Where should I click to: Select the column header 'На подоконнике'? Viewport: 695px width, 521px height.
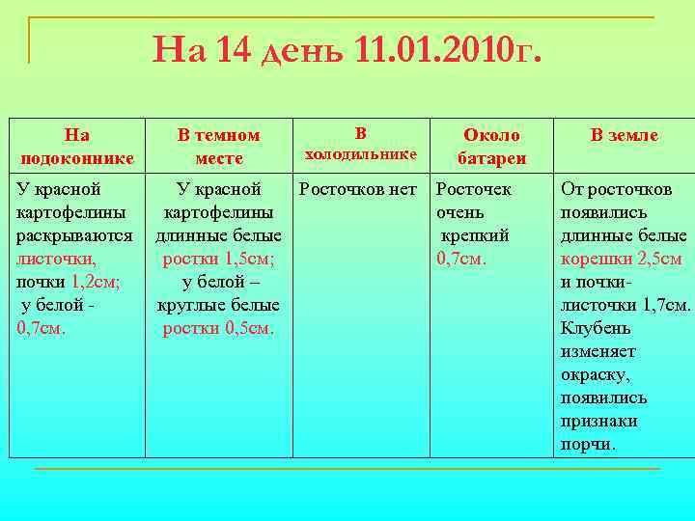tap(76, 147)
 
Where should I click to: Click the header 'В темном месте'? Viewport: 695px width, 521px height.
tap(218, 147)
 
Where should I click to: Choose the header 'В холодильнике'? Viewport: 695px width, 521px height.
tap(360, 144)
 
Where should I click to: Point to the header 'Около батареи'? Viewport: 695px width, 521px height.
tap(491, 147)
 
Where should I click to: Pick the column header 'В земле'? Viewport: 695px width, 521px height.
tap(625, 136)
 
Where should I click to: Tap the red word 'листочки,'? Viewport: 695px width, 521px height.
tap(56, 260)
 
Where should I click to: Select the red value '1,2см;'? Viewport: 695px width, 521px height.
tap(95, 283)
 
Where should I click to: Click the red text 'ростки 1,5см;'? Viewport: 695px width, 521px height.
tap(218, 260)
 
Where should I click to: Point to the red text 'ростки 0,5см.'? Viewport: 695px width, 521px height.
tap(218, 329)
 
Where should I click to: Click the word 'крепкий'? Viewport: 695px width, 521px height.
tap(475, 236)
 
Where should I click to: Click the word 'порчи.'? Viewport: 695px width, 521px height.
tap(588, 445)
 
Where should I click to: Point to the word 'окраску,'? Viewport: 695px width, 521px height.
tap(597, 375)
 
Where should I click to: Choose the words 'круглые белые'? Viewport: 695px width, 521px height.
tap(218, 306)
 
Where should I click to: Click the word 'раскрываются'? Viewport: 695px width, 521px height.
tap(75, 236)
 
